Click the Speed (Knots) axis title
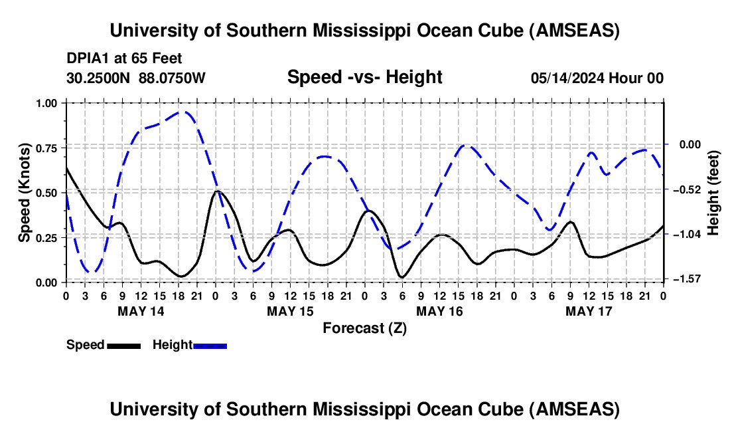[x=25, y=192]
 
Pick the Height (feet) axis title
[x=713, y=192]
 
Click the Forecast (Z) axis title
[x=364, y=328]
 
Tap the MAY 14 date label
[x=141, y=310]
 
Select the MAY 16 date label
[x=439, y=310]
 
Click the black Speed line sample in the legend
[x=123, y=345]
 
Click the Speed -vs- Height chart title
[x=364, y=78]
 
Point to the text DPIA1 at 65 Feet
[x=124, y=58]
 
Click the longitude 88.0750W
[x=172, y=78]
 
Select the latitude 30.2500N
[x=99, y=78]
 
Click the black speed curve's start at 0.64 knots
[x=66, y=167]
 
